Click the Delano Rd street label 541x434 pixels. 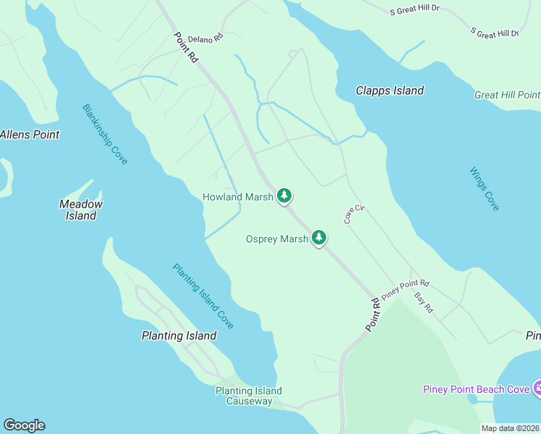205,38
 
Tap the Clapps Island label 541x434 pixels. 389,90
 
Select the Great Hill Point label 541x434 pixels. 507,95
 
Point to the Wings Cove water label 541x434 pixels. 484,189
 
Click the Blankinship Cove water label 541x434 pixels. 105,134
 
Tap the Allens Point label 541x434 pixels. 29,135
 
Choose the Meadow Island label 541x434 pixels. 81,210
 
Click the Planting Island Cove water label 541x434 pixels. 203,296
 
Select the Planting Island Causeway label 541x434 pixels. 249,396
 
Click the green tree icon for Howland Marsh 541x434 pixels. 285,195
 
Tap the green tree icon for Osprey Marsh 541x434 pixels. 318,237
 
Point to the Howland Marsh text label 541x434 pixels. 238,197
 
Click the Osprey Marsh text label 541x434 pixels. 277,239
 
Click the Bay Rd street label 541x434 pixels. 423,302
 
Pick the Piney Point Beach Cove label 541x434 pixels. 477,390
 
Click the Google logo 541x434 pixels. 24,425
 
